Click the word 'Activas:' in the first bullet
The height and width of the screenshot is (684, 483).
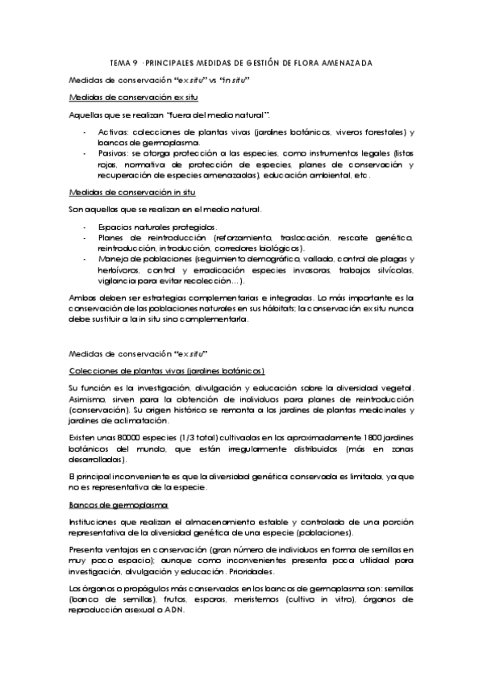click(x=113, y=131)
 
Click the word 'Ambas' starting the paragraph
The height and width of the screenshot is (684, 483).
click(x=82, y=298)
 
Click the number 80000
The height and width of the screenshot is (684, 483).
click(x=126, y=435)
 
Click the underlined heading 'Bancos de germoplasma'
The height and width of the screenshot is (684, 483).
click(x=118, y=504)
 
